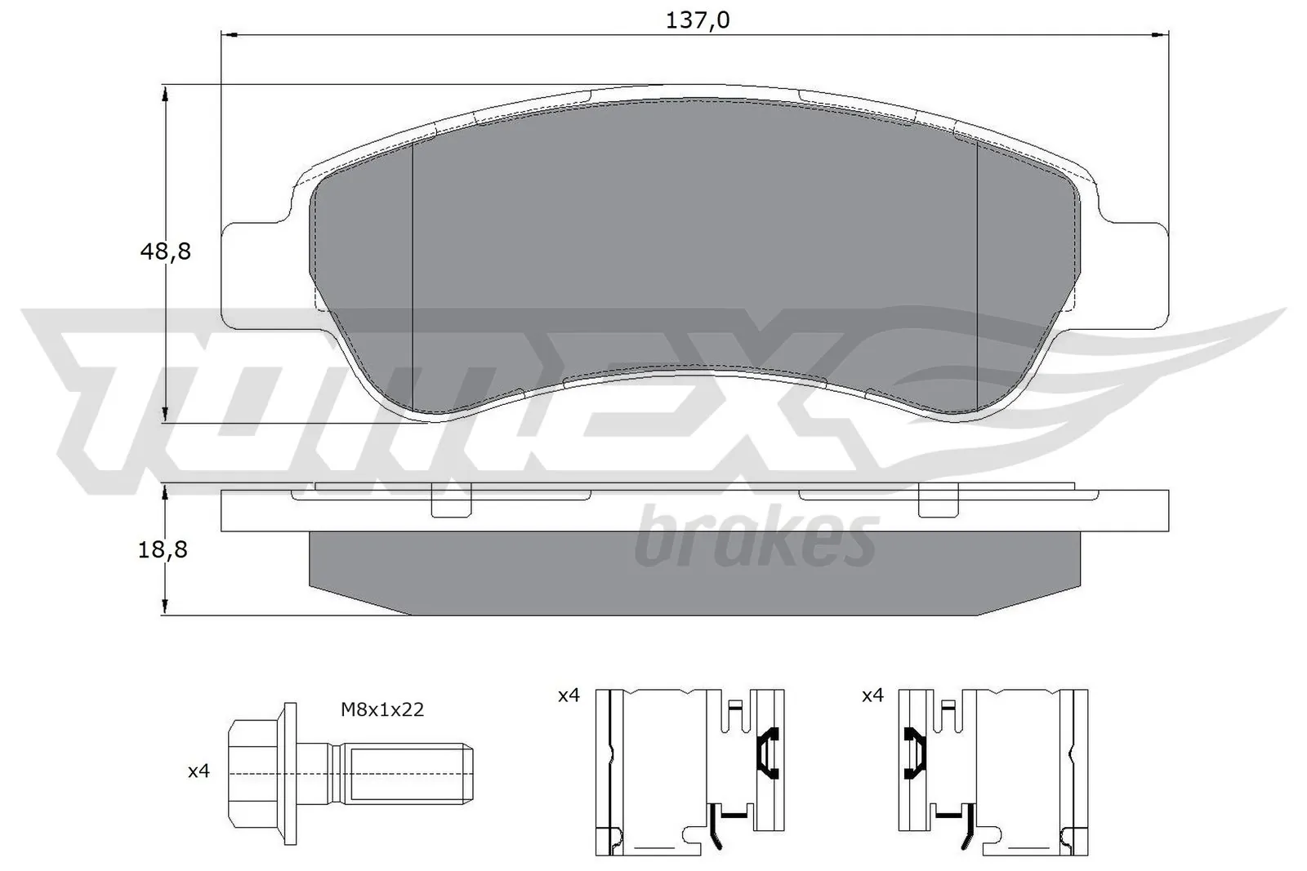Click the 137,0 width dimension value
(x=697, y=20)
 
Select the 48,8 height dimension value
(x=165, y=251)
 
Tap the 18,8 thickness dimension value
(x=163, y=549)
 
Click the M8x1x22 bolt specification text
(x=382, y=710)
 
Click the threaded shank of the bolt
(x=404, y=771)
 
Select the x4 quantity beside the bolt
(x=199, y=771)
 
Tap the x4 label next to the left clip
(x=569, y=695)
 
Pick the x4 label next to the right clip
(x=872, y=695)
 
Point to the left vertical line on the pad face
(x=414, y=278)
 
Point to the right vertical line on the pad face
(x=978, y=278)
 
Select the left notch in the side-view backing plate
(x=451, y=503)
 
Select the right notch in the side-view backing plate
(x=938, y=503)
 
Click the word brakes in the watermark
(x=756, y=539)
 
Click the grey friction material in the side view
(x=694, y=571)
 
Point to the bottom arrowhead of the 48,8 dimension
(x=166, y=415)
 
